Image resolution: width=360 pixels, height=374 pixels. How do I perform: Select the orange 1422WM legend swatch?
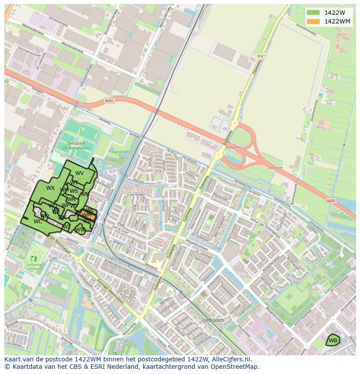click(312, 21)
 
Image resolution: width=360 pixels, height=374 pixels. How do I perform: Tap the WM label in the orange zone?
click(87, 215)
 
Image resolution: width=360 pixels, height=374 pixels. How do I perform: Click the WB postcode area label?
click(333, 340)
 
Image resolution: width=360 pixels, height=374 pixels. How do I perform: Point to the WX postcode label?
click(50, 188)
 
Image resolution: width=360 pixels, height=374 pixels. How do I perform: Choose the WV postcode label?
click(80, 173)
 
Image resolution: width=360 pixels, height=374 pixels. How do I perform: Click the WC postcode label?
click(38, 221)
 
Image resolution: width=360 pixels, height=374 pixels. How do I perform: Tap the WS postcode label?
click(74, 191)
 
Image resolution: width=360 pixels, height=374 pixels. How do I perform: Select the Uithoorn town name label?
click(213, 320)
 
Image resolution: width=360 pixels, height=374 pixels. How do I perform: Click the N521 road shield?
click(261, 56)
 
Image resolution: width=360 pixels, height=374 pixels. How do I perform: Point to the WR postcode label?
click(71, 199)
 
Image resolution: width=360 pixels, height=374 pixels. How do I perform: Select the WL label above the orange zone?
click(90, 210)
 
